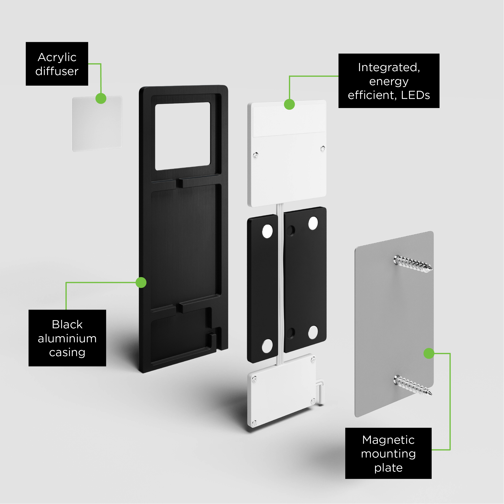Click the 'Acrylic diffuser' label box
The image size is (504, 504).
[57, 64]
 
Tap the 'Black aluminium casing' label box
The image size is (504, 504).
[67, 338]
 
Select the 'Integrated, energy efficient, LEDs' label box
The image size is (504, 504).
[389, 81]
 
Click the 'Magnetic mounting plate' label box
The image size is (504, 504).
[388, 453]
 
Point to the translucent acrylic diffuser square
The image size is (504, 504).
[97, 124]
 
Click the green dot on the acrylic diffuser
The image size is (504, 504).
[101, 99]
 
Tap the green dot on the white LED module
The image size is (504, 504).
[289, 104]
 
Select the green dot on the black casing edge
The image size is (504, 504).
[141, 283]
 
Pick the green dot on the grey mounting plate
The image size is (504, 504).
[429, 353]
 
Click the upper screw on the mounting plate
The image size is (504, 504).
[413, 264]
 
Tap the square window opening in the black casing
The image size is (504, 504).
[183, 136]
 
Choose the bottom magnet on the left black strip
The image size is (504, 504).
[267, 346]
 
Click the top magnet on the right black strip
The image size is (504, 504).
[313, 223]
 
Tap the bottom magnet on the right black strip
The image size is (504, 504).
[313, 332]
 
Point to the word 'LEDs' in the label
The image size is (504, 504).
[415, 95]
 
